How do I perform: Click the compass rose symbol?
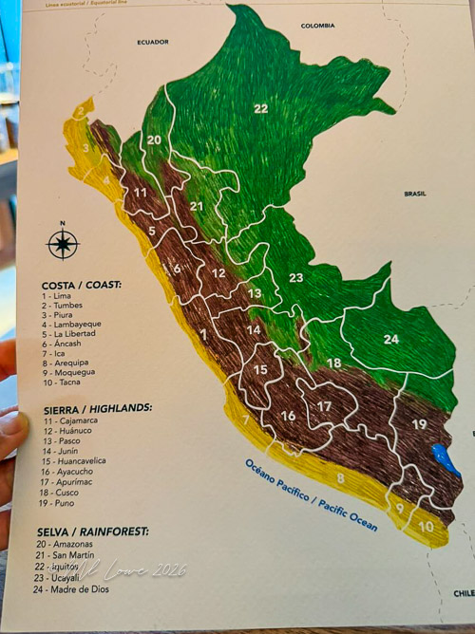(63, 243)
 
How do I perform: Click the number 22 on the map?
(261, 108)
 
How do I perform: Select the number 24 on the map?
(391, 339)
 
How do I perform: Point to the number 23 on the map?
(295, 277)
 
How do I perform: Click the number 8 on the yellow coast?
(340, 479)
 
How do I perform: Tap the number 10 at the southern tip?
(427, 526)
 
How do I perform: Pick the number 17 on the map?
(324, 406)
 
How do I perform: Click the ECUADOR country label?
(152, 43)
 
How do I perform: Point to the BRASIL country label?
(415, 194)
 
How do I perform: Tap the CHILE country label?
(463, 593)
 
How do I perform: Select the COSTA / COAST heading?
(81, 284)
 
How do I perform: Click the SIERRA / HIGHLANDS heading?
(96, 407)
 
